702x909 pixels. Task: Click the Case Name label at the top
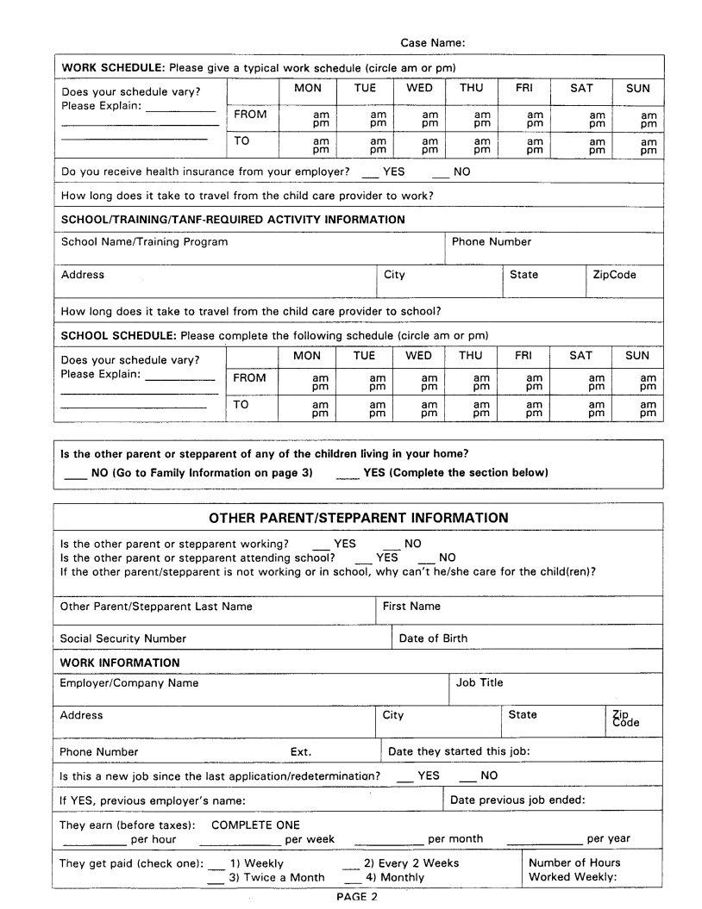(x=433, y=42)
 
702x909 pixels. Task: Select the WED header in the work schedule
(x=419, y=88)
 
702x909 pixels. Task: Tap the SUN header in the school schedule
(x=637, y=355)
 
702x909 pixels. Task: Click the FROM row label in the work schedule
(x=250, y=115)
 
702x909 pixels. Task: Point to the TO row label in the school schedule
(x=241, y=404)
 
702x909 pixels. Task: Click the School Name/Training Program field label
(x=144, y=242)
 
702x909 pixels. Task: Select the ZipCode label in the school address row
(x=614, y=275)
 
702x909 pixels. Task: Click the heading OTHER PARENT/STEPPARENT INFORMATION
(x=358, y=518)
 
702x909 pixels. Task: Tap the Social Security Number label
(x=122, y=638)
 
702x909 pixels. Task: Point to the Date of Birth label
(x=433, y=638)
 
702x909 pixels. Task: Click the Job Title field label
(x=479, y=682)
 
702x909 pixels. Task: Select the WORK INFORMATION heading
(x=120, y=663)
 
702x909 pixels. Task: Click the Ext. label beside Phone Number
(x=301, y=751)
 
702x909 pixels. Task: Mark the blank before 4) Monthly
(x=352, y=879)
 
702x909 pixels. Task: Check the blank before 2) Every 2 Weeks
(x=351, y=864)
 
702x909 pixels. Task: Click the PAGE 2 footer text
(x=356, y=897)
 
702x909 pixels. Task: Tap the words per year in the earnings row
(x=608, y=838)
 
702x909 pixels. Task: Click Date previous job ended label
(x=517, y=800)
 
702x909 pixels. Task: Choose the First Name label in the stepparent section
(x=411, y=607)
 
